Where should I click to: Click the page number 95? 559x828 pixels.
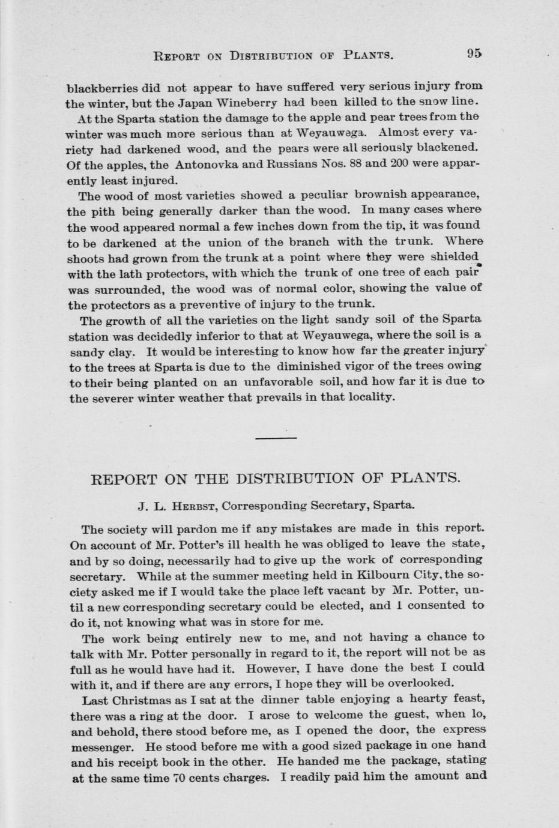(x=474, y=53)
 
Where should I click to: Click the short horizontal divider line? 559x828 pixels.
(x=276, y=438)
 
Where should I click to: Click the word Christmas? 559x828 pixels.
(x=144, y=700)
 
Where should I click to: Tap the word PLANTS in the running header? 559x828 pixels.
(x=368, y=56)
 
